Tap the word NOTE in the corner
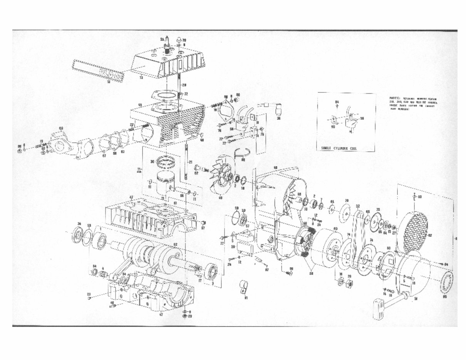pyautogui.click(x=396, y=99)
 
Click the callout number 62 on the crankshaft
pyautogui.click(x=175, y=245)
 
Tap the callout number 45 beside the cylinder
pyautogui.click(x=140, y=105)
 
